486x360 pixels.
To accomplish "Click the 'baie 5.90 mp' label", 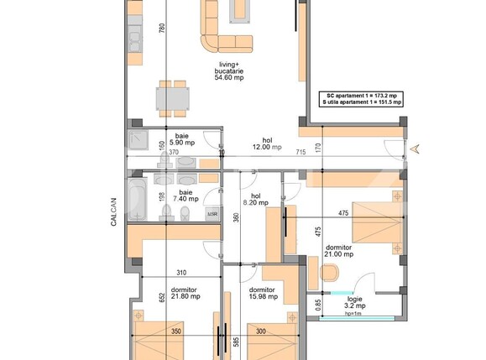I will coord(182,138).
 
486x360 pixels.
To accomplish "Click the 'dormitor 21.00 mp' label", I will coord(340,250).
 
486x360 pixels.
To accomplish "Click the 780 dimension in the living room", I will coord(162,28).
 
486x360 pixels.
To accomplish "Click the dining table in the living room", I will coord(173,98).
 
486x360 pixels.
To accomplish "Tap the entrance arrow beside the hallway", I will coord(413,149).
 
